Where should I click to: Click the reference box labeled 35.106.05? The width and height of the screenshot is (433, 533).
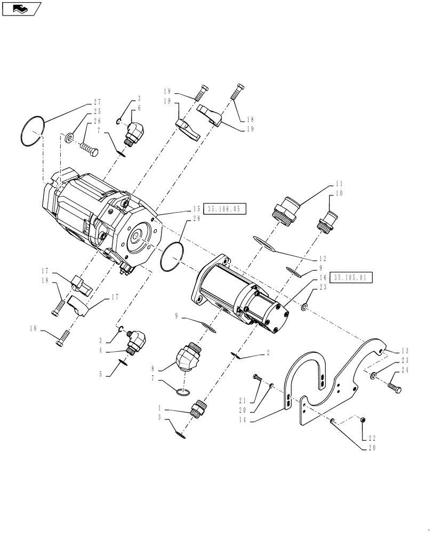tap(225, 210)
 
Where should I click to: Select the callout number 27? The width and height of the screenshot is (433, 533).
tap(97, 102)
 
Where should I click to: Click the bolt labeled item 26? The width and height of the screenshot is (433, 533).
tap(90, 148)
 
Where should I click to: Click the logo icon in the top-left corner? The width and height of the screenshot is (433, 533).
tap(21, 9)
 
